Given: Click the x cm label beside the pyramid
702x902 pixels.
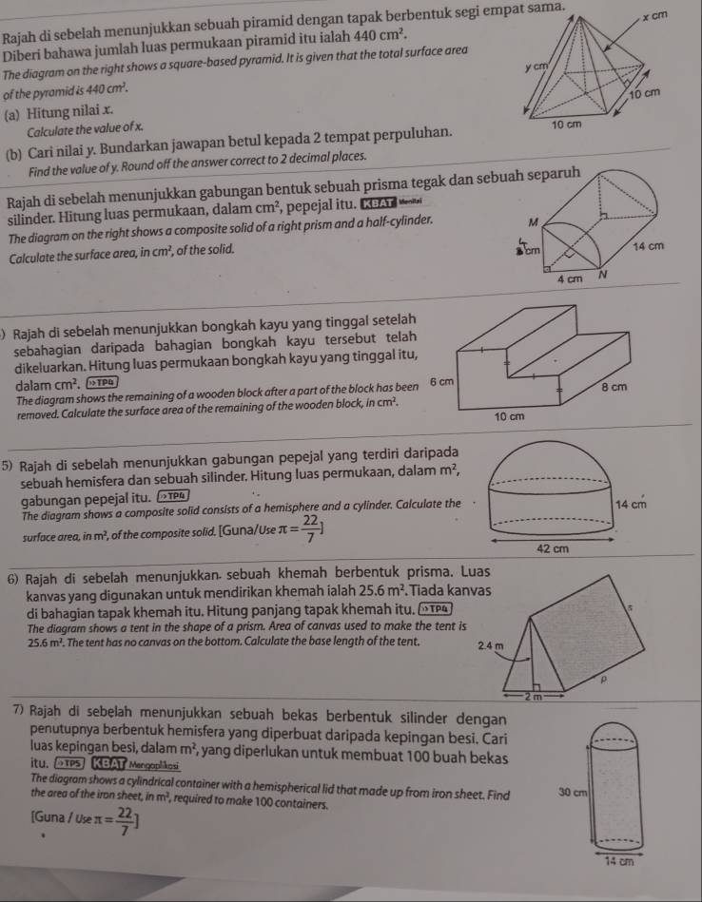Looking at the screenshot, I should pos(656,18).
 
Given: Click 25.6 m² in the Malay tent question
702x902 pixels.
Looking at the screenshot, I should pos(357,593).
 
